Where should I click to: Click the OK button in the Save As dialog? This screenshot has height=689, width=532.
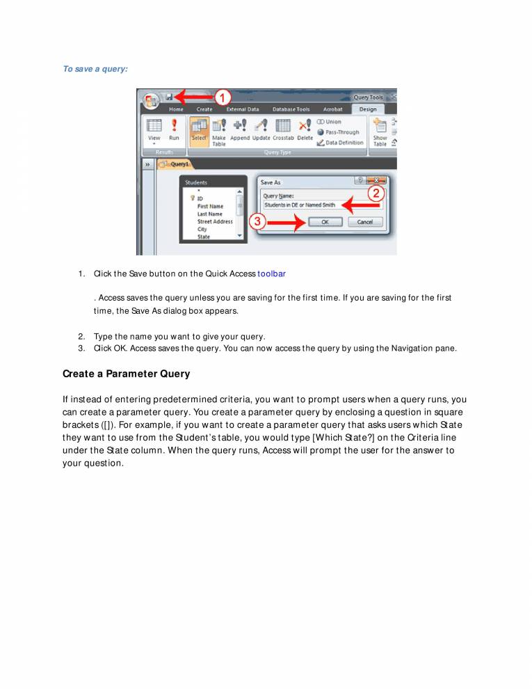coord(325,222)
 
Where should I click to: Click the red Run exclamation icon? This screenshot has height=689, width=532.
coord(174,125)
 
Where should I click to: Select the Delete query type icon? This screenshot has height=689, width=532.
coord(305,125)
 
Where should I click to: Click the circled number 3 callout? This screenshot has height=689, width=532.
coord(257,222)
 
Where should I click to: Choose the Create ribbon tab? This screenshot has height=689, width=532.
coord(204,109)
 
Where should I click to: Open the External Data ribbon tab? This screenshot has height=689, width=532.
coord(242,109)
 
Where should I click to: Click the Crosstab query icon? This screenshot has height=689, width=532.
coord(282,125)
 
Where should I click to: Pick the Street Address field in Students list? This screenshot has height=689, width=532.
coord(215,221)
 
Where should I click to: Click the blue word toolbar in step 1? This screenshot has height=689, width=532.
coord(271,274)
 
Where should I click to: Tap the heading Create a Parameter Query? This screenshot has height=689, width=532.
coord(126,374)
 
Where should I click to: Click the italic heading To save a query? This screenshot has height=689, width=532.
coord(95,69)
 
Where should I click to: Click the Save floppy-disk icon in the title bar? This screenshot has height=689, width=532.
coord(169,97)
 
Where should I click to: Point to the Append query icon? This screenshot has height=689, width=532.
coord(240,125)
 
